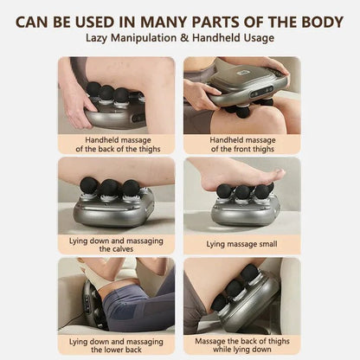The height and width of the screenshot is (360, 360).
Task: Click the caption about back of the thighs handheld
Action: tap(116, 144)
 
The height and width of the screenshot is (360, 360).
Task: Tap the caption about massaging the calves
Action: tap(116, 243)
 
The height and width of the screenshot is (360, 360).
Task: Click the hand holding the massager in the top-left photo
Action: tap(75, 105)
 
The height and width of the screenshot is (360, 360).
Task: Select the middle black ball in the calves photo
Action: tap(109, 187)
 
